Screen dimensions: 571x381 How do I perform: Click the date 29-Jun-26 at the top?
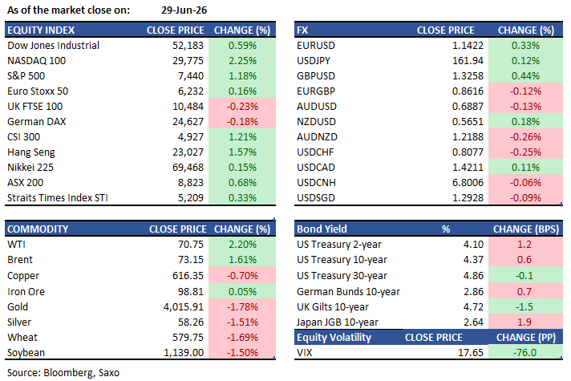click(184, 10)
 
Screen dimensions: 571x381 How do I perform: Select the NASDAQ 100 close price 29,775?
click(188, 60)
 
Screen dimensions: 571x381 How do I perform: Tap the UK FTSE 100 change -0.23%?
click(242, 107)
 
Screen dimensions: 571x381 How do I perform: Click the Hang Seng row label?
click(31, 152)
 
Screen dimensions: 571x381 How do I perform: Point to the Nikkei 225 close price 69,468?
click(188, 167)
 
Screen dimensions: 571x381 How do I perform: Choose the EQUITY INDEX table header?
click(41, 30)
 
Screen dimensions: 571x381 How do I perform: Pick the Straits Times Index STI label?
click(58, 198)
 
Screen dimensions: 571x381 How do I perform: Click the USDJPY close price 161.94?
click(468, 60)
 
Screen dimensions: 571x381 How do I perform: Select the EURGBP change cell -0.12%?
click(525, 91)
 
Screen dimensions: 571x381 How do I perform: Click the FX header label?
click(302, 30)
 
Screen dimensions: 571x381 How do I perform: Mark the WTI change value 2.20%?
click(242, 244)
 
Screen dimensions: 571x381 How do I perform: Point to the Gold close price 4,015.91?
click(184, 306)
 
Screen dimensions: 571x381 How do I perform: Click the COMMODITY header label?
click(38, 229)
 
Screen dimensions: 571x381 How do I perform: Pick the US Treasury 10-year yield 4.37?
click(473, 259)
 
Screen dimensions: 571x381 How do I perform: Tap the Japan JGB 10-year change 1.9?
click(524, 322)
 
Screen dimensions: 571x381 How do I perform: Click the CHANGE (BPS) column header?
click(526, 229)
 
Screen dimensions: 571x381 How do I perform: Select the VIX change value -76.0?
click(524, 353)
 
